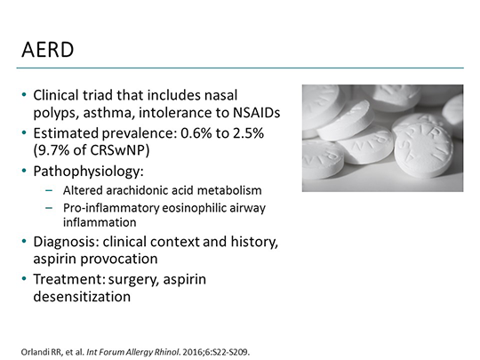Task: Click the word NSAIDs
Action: coord(254,111)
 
